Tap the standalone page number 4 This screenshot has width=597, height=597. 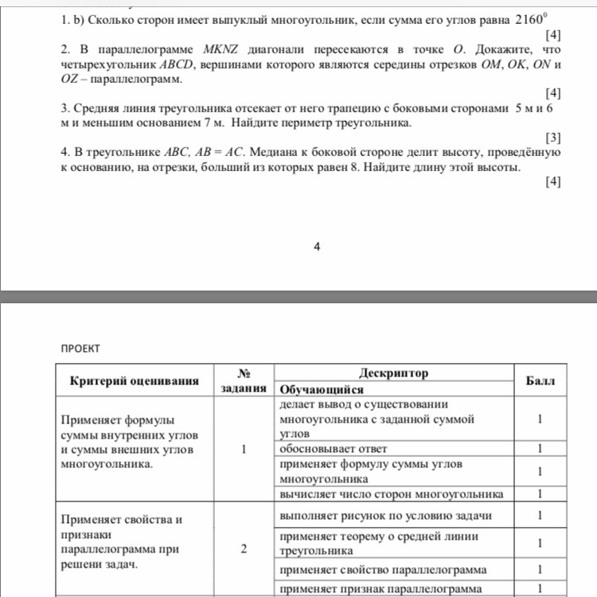[x=317, y=247]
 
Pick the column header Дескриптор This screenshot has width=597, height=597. [x=393, y=373]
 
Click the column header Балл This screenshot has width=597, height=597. [x=541, y=381]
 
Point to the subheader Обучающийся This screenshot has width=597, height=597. [x=322, y=390]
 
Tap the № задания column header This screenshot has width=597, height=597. [x=244, y=381]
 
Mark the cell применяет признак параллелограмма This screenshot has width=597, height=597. [x=381, y=589]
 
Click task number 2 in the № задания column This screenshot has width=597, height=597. [x=244, y=549]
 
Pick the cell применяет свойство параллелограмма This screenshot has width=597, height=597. [x=381, y=570]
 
